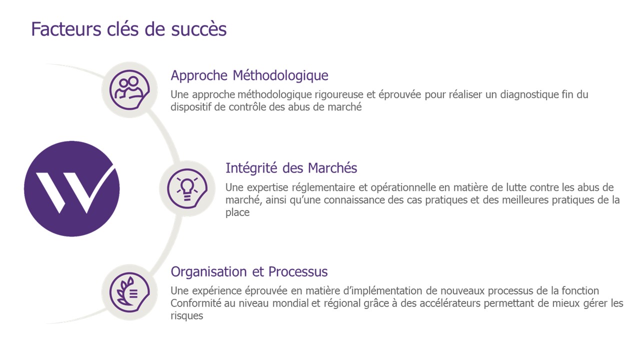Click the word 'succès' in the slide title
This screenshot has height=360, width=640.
coord(199,29)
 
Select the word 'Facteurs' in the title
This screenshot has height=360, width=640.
coord(66,29)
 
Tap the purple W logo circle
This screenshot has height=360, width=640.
coord(71,188)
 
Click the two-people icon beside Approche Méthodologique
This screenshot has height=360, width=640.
coord(129,89)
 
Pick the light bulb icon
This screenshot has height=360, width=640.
coord(187,188)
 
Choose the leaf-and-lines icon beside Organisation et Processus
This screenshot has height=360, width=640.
coord(129,292)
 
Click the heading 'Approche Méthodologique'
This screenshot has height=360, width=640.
coord(249,76)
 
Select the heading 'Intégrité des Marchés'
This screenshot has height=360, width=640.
coord(291,168)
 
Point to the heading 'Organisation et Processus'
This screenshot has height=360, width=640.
coord(249,271)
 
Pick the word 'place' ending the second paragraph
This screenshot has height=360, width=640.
coord(237,213)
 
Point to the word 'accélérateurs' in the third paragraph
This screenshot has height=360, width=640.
coord(450,303)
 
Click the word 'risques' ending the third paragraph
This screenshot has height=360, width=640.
coord(187,316)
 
